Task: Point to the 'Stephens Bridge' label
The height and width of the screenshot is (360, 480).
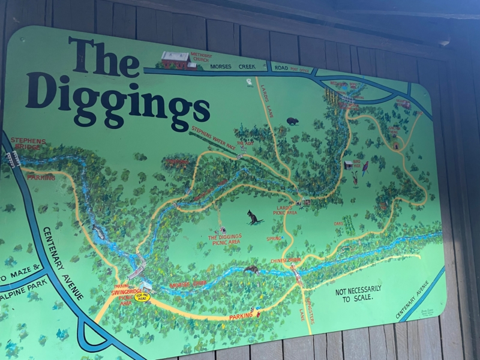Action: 28,143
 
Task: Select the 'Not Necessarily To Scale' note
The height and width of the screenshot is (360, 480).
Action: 359,293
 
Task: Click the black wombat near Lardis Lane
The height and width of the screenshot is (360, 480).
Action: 292,121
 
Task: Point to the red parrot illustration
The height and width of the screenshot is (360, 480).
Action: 365,169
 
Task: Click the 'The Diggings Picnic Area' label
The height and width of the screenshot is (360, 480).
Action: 225,239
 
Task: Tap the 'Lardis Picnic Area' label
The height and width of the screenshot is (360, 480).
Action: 284,209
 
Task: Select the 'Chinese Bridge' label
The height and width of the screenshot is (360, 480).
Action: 285,260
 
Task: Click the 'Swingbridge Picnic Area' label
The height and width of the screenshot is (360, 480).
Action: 123,295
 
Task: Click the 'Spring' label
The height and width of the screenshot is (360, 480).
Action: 274,238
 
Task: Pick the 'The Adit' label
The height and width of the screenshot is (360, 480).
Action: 244,144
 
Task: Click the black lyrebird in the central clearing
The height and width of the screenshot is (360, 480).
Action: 254,217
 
